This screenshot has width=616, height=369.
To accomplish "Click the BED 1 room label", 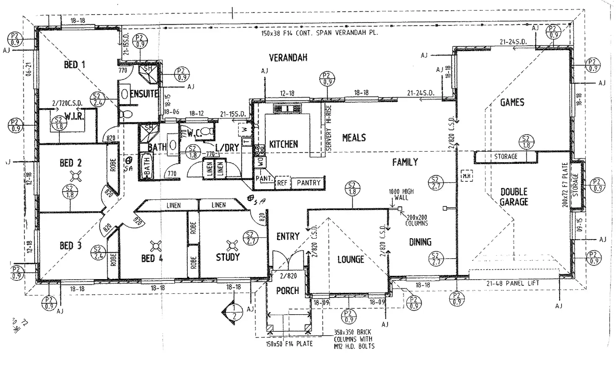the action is (x=74, y=64).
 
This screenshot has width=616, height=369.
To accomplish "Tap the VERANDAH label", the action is (x=288, y=58).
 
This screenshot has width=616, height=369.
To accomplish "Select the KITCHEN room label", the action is (x=283, y=144).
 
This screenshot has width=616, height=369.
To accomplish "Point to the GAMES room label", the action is (x=512, y=102).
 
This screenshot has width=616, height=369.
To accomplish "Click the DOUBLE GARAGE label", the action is (x=514, y=197).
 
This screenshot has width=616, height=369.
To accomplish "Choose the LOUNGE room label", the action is (x=351, y=260).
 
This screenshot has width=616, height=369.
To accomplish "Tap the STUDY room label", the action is (x=228, y=257).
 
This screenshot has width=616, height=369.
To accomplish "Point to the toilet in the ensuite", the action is (x=125, y=114).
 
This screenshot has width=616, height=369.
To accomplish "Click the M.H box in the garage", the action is (x=466, y=176).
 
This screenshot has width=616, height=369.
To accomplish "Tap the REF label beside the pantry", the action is (x=282, y=183).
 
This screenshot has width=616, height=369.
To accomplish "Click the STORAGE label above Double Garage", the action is (x=506, y=157).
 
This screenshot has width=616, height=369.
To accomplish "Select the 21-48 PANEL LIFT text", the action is (x=513, y=283).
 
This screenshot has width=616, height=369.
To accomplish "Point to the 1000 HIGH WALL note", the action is (x=401, y=194).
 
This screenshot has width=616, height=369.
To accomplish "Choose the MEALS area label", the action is (x=354, y=138).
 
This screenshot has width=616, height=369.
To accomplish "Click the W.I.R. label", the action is (x=74, y=117).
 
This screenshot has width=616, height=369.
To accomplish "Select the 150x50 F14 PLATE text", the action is (x=289, y=344).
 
